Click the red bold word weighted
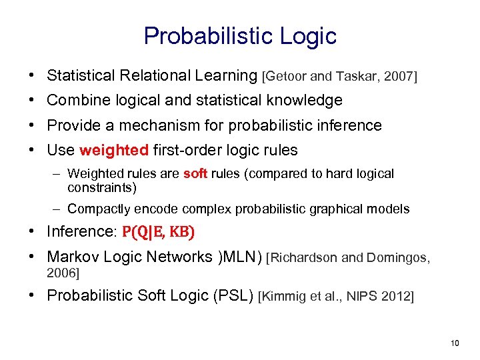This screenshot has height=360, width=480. click(x=113, y=150)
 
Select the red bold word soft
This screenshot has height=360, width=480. click(x=195, y=174)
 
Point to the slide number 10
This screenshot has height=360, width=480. click(x=455, y=343)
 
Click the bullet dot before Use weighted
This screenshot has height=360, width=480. click(x=33, y=151)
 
